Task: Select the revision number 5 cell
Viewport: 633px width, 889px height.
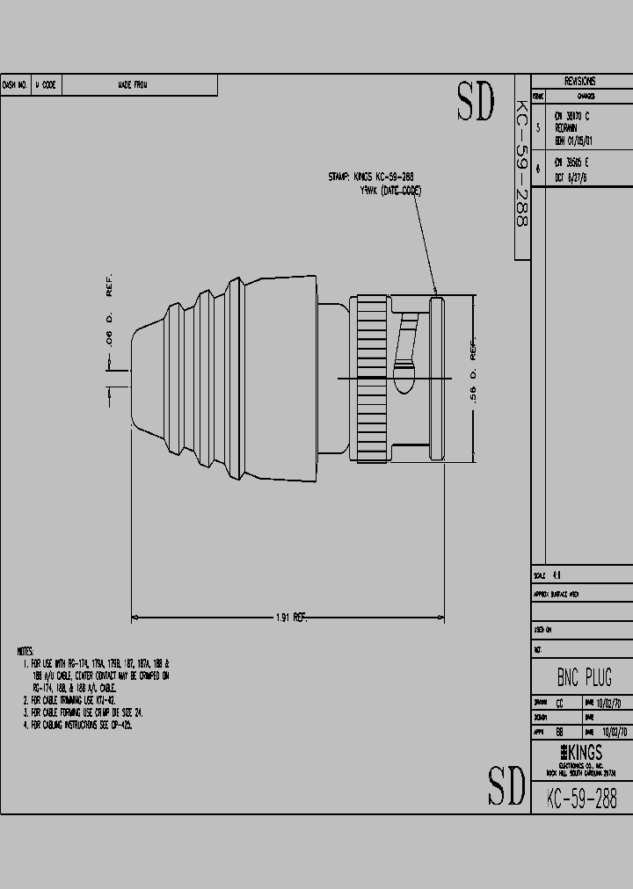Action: coord(538,126)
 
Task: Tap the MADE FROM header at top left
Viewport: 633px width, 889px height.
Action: coord(133,85)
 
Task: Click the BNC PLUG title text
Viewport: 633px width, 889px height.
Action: coord(584,677)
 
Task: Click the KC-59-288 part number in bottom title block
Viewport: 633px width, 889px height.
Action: coord(581,797)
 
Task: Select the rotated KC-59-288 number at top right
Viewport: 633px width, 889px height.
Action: coord(520,167)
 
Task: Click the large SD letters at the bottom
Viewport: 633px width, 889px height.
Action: coord(506,785)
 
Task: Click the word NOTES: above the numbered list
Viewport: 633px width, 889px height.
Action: coord(25,651)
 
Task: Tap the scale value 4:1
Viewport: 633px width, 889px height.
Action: coord(557,575)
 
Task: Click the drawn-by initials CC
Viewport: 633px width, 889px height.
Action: coord(560,703)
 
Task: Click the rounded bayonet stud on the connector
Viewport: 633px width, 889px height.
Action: coord(406,379)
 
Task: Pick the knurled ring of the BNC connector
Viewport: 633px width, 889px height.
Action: coord(370,379)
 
